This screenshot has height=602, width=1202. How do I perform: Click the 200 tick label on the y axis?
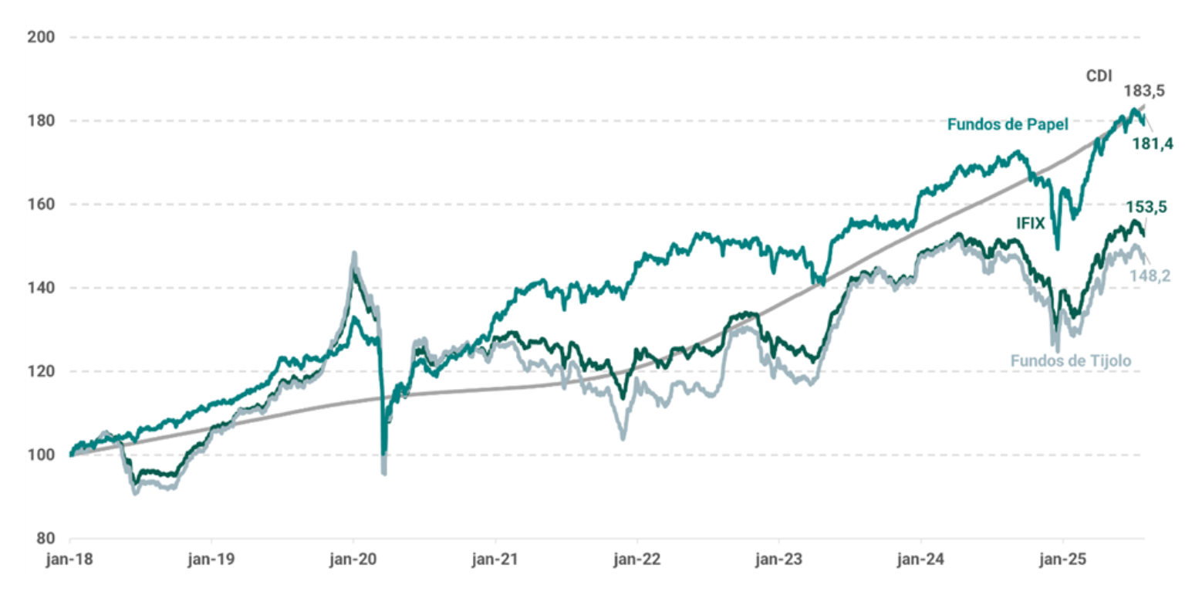[x=41, y=37]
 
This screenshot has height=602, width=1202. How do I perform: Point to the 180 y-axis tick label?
[x=41, y=121]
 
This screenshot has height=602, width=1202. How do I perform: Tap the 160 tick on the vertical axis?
[x=41, y=204]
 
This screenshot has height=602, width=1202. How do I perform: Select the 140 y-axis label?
[x=41, y=288]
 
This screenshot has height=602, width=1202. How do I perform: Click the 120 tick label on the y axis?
[x=41, y=371]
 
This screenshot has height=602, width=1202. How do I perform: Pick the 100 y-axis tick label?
[x=41, y=455]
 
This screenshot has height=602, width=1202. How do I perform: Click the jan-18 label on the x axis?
[x=69, y=560]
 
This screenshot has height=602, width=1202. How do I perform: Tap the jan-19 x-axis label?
[x=211, y=560]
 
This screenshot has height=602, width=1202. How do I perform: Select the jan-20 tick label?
[x=353, y=560]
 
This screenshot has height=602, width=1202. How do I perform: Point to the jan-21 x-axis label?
[x=495, y=560]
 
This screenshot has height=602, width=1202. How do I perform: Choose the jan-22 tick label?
[x=637, y=560]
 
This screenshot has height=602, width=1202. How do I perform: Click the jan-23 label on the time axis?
[x=778, y=560]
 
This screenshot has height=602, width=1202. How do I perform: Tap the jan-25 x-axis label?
[x=1062, y=560]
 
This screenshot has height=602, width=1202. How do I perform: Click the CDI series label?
[x=1099, y=76]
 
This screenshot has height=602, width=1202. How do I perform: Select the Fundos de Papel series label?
[x=1008, y=124]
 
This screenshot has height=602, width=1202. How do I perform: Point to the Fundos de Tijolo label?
[x=1071, y=361]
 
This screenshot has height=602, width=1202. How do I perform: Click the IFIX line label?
[x=1031, y=223]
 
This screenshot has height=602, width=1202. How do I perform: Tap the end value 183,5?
[x=1145, y=91]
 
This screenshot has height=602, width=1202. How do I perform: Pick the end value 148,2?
[x=1150, y=276]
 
